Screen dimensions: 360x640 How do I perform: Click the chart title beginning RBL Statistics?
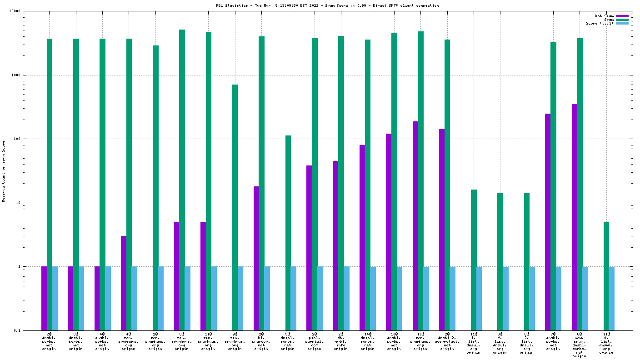[327, 5]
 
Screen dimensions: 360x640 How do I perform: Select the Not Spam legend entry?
[604, 16]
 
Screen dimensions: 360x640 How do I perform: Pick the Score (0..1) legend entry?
[600, 23]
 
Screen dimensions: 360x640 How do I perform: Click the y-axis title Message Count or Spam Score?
[4, 171]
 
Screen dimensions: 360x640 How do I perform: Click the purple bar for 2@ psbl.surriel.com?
[309, 248]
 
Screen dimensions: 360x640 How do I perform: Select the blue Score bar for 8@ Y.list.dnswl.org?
[505, 298]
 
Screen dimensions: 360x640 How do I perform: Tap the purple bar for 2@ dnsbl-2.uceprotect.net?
[442, 230]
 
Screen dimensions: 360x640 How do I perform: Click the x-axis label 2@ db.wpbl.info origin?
[341, 342]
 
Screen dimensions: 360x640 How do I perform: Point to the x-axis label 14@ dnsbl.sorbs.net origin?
[367, 342]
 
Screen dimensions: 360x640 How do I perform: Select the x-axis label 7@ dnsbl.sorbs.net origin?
[553, 342]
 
